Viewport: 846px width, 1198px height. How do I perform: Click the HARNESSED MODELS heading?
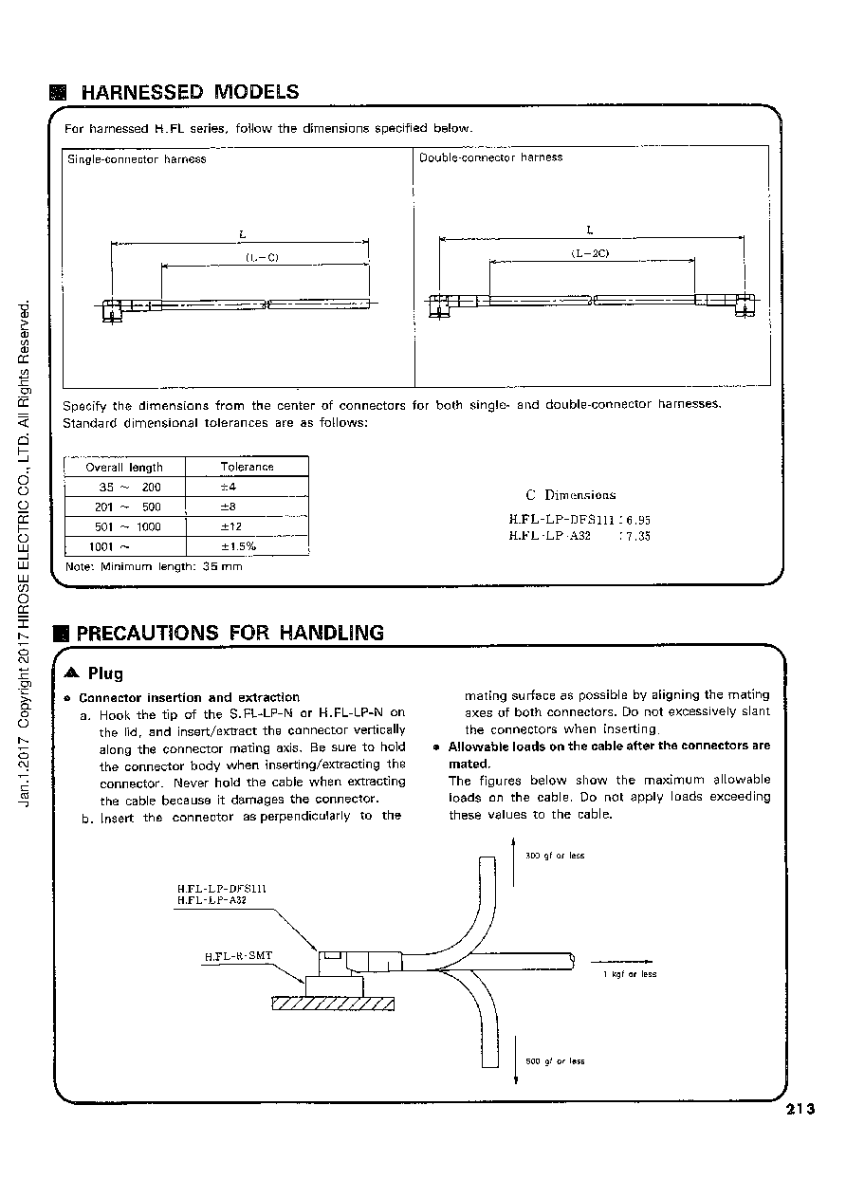tap(190, 92)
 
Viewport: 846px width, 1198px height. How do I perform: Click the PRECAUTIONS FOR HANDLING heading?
tap(230, 633)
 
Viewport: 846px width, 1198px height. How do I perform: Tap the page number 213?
tap(800, 1109)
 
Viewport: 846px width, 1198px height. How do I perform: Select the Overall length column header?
tap(124, 467)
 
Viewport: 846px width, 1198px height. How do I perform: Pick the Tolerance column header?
tap(247, 467)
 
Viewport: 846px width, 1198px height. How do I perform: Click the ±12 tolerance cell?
tap(231, 526)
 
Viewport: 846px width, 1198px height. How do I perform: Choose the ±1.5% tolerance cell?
tap(238, 546)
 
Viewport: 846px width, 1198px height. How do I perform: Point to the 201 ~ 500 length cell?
tap(128, 507)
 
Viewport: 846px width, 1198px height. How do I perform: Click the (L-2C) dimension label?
tap(590, 253)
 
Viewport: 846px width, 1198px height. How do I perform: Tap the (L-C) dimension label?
tap(262, 257)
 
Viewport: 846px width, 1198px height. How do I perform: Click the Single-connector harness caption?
tap(137, 159)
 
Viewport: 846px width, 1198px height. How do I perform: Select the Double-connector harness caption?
tap(490, 157)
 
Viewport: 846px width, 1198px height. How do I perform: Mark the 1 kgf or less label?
tap(630, 974)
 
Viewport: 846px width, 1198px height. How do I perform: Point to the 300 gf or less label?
tap(555, 856)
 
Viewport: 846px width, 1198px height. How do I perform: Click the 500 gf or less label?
tap(555, 1061)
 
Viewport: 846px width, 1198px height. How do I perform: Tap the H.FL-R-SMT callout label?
tap(238, 956)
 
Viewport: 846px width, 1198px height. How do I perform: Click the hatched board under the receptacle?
tap(333, 1004)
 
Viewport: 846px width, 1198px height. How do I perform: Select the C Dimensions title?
tap(571, 495)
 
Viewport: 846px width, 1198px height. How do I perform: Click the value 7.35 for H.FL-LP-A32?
tap(638, 537)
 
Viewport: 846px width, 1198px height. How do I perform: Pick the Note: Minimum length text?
tap(154, 566)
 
